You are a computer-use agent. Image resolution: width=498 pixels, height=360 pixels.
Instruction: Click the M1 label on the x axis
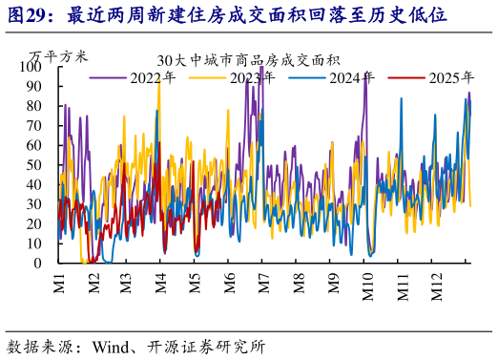59,284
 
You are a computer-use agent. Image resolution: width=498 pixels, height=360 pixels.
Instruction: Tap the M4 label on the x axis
161,284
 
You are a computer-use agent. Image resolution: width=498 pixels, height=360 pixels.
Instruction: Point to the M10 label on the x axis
368,286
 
